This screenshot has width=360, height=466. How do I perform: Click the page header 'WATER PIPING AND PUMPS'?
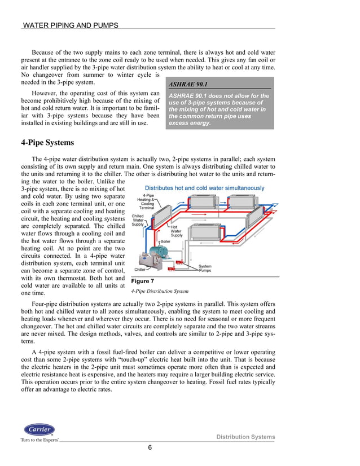[x=70, y=25]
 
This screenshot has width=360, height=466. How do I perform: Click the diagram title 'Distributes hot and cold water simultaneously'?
[x=204, y=188]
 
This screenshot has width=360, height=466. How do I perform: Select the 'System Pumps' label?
[x=205, y=269]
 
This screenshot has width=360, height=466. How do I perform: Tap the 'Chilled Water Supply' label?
[x=138, y=220]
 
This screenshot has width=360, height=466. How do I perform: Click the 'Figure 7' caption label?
[x=142, y=281]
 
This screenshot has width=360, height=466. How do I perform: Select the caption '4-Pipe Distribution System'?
[x=160, y=292]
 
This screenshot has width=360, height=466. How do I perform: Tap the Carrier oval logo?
[x=39, y=430]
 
